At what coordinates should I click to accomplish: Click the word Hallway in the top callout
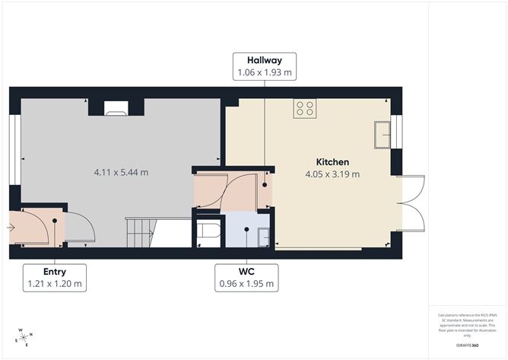click(x=264, y=61)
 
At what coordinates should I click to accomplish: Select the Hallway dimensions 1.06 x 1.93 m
click(x=264, y=73)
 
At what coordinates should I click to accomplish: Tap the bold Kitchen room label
click(x=332, y=162)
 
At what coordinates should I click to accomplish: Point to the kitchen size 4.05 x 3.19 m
click(x=332, y=174)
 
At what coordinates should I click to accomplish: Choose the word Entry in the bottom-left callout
click(x=54, y=272)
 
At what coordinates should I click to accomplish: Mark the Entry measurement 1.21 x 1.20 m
click(x=54, y=284)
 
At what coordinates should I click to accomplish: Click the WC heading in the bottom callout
click(x=246, y=272)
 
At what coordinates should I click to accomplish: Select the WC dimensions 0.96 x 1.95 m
click(x=246, y=284)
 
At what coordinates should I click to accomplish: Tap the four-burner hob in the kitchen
click(x=305, y=109)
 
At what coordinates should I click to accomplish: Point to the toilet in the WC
click(x=208, y=234)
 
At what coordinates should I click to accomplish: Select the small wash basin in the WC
click(x=263, y=237)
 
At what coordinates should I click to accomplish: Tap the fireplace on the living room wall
click(x=116, y=109)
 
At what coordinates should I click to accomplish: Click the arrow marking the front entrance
click(x=11, y=226)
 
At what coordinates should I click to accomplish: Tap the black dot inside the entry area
click(x=56, y=222)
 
